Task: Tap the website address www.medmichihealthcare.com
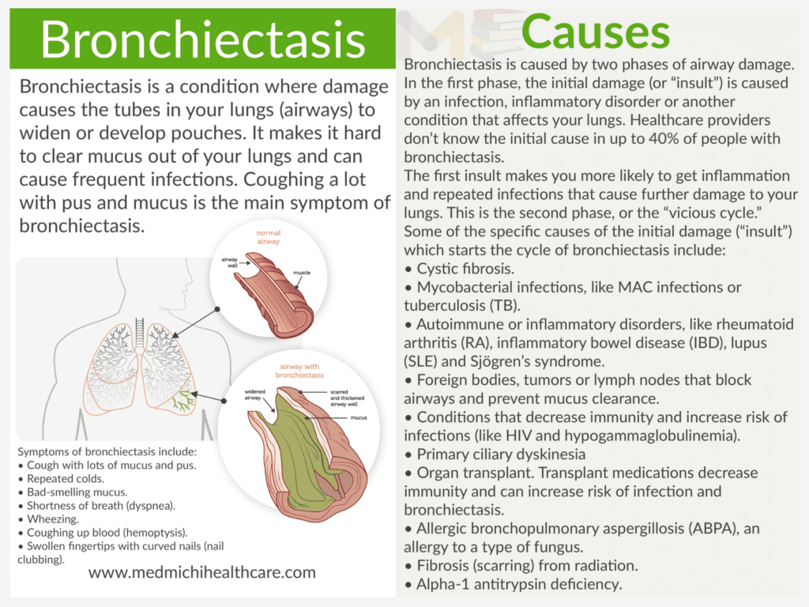pos(202,572)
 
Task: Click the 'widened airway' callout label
pos(254,393)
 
